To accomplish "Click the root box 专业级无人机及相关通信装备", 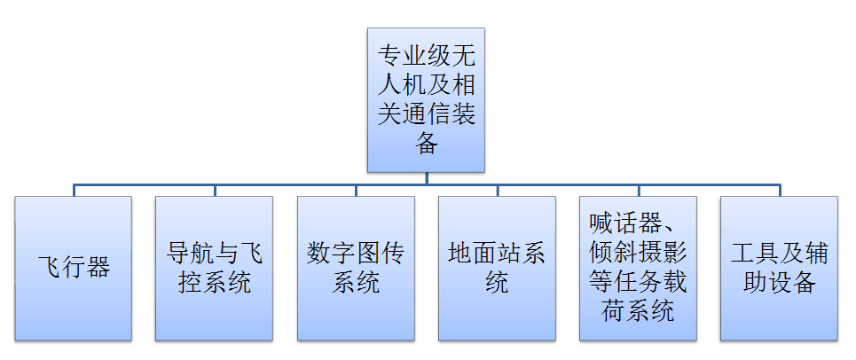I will (427, 99).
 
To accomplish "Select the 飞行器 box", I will (74, 268).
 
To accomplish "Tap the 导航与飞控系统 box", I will (214, 268).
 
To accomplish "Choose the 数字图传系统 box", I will (356, 268).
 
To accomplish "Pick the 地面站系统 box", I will (497, 268).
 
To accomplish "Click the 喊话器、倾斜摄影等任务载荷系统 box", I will (638, 268).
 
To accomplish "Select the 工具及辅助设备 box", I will (780, 268).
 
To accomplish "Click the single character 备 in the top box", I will (427, 144).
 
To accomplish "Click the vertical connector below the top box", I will (427, 178).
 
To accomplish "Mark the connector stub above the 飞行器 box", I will (74, 191).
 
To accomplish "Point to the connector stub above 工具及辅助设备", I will (780, 191).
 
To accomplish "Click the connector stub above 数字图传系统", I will (356, 191).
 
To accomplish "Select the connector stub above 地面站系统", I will (497, 191).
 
